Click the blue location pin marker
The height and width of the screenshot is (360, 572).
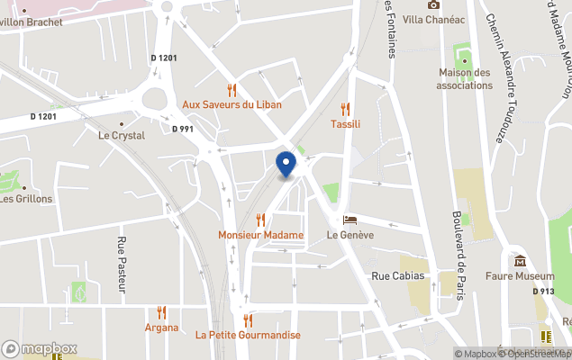tap(286, 164)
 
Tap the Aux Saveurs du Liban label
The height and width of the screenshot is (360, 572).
tap(232, 104)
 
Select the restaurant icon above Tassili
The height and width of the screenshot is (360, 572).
tap(345, 109)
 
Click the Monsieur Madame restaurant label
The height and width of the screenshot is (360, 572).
tap(260, 235)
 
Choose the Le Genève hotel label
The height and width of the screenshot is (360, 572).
tap(350, 235)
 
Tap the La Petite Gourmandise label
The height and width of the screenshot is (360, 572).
tap(248, 335)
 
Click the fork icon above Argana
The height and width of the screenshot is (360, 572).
tap(162, 312)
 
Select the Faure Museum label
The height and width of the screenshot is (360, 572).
tap(518, 275)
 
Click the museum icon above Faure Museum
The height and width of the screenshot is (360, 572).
tap(520, 261)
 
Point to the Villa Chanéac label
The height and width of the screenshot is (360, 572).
tap(434, 20)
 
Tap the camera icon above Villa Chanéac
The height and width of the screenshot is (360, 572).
tap(433, 5)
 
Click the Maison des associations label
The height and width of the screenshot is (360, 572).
tap(465, 79)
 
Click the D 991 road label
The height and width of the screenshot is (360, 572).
tap(183, 129)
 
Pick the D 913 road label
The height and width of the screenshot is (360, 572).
tap(543, 291)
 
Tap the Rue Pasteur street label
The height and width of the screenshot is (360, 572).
tap(122, 265)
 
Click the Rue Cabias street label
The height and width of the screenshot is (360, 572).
tap(397, 275)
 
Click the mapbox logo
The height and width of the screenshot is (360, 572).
tap(40, 348)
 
